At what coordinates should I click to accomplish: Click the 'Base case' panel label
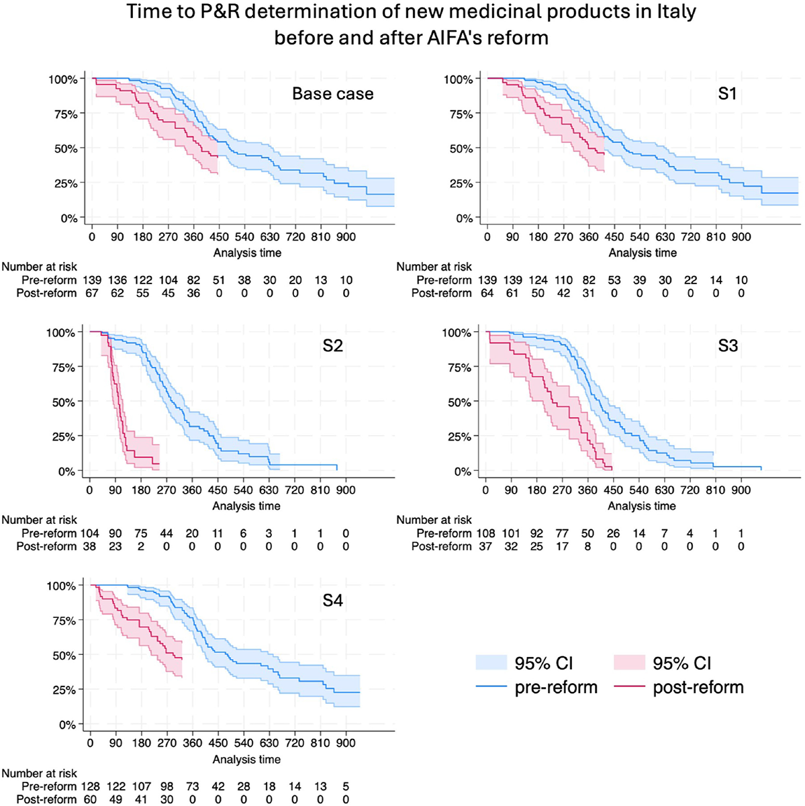(x=332, y=93)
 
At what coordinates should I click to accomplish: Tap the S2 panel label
(x=332, y=347)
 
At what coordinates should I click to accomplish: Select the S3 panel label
(x=727, y=347)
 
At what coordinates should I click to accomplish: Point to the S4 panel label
(x=332, y=600)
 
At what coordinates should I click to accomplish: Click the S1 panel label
(x=727, y=93)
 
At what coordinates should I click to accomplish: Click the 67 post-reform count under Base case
(x=91, y=293)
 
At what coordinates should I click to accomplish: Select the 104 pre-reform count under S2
(x=89, y=533)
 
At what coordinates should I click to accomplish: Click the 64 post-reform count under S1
(x=487, y=293)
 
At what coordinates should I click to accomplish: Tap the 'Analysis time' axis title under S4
(x=246, y=759)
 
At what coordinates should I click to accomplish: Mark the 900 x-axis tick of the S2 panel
(x=346, y=491)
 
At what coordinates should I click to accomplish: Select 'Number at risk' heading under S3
(x=434, y=520)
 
